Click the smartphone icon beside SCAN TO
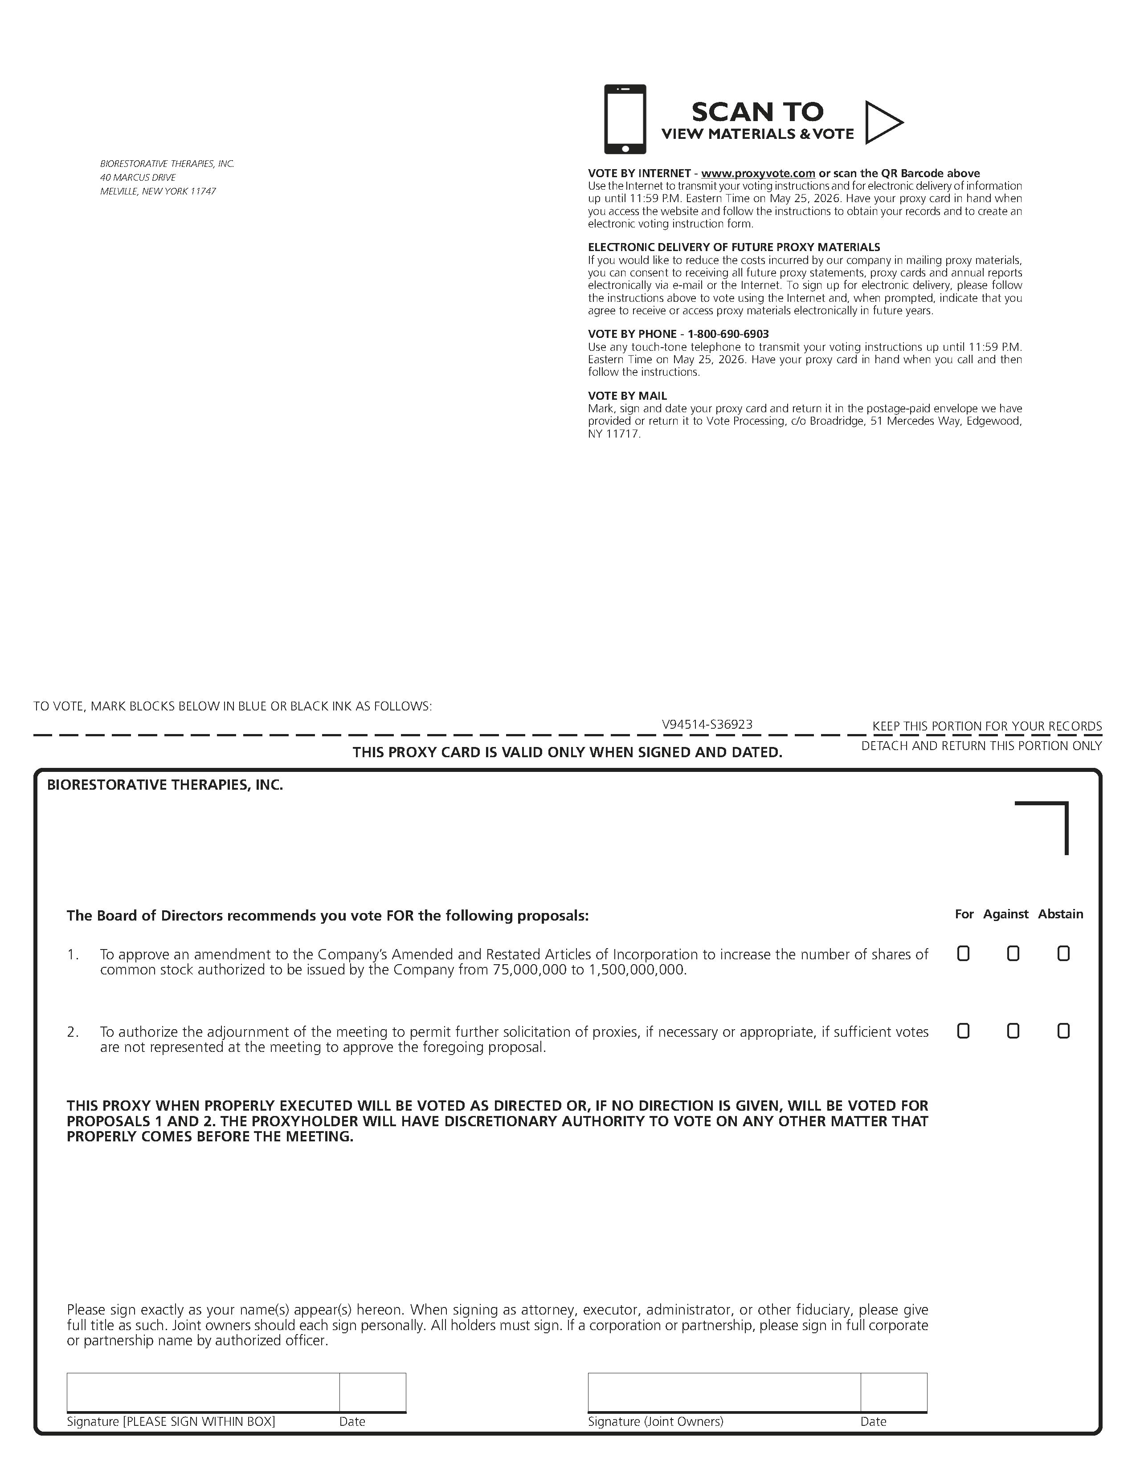[x=625, y=119]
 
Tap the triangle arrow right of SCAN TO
[x=882, y=122]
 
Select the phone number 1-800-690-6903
[x=728, y=334]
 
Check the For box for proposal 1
[x=963, y=954]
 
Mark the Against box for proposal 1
[x=1013, y=954]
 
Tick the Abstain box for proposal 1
[x=1063, y=954]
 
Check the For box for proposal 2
[x=963, y=1031]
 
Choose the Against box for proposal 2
[x=1013, y=1031]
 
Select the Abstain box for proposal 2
[x=1063, y=1031]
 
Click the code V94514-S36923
[x=707, y=724]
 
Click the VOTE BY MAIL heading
[x=627, y=396]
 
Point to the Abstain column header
[x=1060, y=914]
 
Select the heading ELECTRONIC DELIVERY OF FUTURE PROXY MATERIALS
[x=734, y=248]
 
